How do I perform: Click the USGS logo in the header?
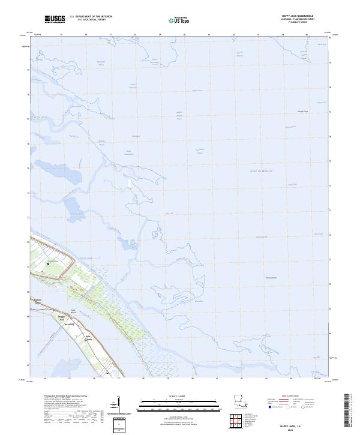click(55, 19)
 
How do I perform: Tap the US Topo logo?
click(174, 20)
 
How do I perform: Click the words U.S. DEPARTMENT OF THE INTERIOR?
click(91, 17)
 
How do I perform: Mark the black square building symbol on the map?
click(49, 263)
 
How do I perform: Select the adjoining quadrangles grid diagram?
click(238, 421)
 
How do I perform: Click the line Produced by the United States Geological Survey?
click(66, 396)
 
